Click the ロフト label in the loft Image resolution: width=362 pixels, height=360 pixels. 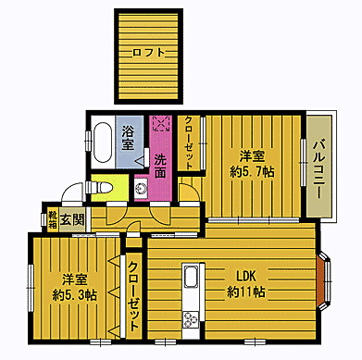coord(148,53)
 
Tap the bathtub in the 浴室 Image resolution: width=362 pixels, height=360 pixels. coord(103,143)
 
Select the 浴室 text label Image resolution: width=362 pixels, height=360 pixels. coord(128,138)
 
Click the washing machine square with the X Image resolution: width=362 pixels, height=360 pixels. coord(161,123)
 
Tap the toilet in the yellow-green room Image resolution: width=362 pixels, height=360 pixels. coord(99,188)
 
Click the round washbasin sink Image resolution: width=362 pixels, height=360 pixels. coord(143,188)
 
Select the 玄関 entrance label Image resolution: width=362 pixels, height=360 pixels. coord(72,219)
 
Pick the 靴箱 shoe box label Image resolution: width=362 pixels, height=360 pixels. coord(53,220)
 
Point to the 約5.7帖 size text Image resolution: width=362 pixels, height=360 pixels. coord(252,172)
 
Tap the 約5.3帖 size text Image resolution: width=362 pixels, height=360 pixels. coord(75,295)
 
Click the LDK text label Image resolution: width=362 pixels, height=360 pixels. coord(246,276)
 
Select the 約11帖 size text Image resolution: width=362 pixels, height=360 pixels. coord(246,292)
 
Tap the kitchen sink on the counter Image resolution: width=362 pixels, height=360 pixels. coord(192,277)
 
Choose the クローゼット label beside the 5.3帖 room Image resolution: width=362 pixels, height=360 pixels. coord(133,296)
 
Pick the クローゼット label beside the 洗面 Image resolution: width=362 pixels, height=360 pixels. coord(189,143)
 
